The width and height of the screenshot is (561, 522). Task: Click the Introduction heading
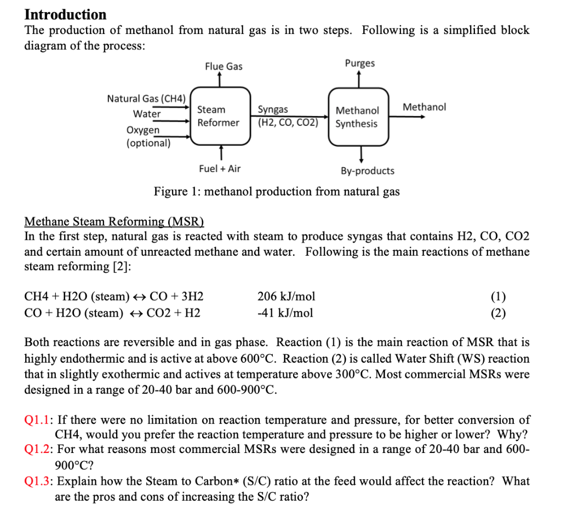pos(66,14)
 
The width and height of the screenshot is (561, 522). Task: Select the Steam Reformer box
pos(219,116)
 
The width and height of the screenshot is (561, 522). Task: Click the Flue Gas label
pos(224,66)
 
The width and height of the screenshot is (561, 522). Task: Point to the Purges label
pos(360,63)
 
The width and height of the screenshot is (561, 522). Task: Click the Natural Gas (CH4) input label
pos(146,99)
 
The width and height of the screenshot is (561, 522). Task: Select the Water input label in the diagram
pos(147,114)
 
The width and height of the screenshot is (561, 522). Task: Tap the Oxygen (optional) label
pos(148,136)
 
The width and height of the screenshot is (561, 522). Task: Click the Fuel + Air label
pos(219,169)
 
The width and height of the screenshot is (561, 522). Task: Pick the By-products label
pos(367,171)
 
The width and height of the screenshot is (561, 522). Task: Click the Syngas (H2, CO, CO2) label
pos(288,116)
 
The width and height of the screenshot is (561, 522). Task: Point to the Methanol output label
pos(424,107)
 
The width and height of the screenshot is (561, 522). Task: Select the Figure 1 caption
pos(277,192)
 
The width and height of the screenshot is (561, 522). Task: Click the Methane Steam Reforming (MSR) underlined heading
pos(114,222)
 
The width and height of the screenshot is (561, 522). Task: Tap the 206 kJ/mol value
pos(286,297)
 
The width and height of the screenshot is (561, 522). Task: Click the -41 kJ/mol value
pos(285,313)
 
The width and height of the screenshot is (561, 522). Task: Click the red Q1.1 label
pos(38,420)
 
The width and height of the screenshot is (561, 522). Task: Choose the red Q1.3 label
pos(38,481)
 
